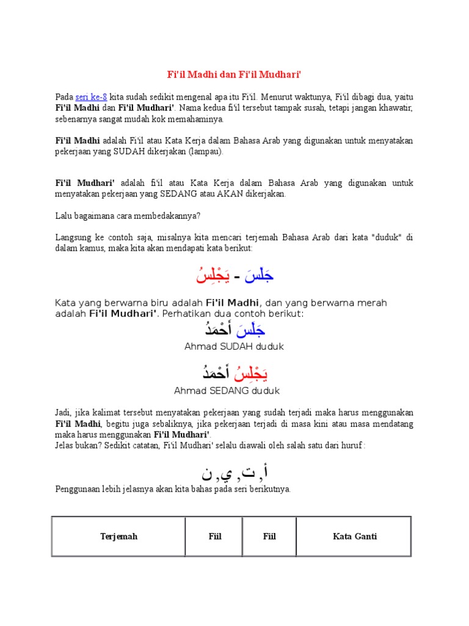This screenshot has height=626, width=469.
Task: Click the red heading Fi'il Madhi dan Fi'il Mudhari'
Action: [x=234, y=75]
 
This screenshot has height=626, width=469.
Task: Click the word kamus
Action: [x=91, y=249]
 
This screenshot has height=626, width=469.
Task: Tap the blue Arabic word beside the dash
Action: [x=259, y=277]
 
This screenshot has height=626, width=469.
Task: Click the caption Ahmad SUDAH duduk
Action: [x=234, y=347]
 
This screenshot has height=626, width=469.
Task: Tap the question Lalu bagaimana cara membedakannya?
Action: [x=128, y=215]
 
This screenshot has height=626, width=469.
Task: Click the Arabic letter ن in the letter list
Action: [x=208, y=473]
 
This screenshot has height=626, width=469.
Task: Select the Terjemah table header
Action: [x=119, y=537]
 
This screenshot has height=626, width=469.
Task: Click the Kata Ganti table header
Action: [x=355, y=537]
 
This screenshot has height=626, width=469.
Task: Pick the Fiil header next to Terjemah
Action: [x=214, y=537]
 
